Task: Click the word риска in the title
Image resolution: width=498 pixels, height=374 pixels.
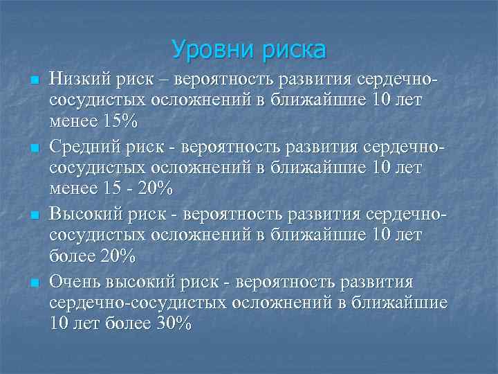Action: point(293,50)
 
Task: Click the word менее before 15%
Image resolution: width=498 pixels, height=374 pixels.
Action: point(74,122)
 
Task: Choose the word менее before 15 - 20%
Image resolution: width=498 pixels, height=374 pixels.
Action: point(74,189)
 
